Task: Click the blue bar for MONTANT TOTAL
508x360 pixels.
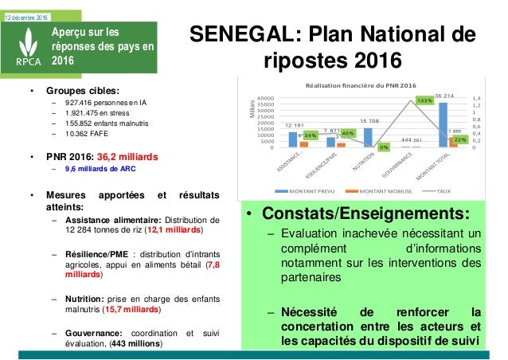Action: (x=444, y=125)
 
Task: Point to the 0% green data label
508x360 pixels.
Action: (x=384, y=147)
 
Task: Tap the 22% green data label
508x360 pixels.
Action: (x=459, y=140)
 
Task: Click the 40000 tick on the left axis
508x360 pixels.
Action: (x=268, y=96)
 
